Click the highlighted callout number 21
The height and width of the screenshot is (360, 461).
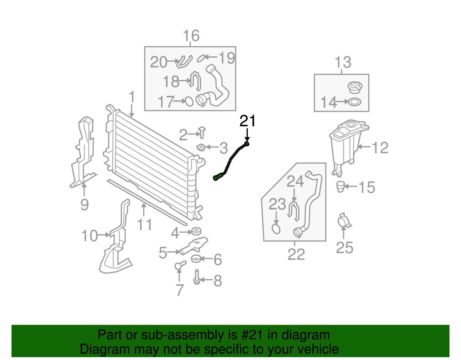pos(247,121)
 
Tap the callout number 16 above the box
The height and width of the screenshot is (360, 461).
pos(191,36)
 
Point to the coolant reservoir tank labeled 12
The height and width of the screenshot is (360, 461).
pos(346,144)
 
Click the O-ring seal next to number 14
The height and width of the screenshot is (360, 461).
pos(354,102)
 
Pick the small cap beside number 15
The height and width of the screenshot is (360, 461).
pos(341,186)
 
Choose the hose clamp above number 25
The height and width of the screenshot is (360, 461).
pos(343,221)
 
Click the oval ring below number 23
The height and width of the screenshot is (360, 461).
pos(276,229)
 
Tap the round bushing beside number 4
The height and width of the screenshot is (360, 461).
pos(196,231)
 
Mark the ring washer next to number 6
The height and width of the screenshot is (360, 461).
pos(196,259)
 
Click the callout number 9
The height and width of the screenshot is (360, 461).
pos(84,205)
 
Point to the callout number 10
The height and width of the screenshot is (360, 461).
pos(90,236)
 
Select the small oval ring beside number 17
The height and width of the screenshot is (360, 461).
pos(189,101)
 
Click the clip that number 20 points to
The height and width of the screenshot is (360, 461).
pos(184,61)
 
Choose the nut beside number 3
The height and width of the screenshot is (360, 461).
pos(201,148)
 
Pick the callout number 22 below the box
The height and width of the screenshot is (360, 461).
pos(296,254)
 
